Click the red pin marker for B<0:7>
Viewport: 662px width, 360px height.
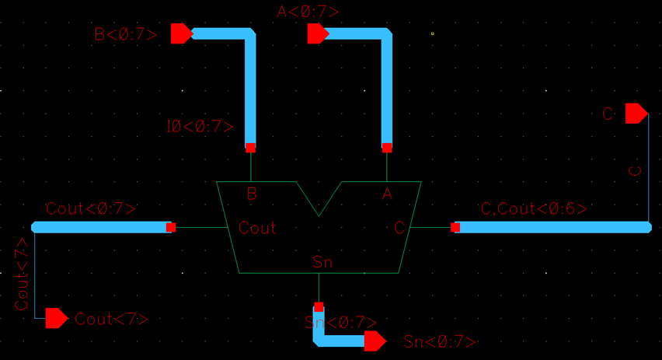181,33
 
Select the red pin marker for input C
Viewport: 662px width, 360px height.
636,114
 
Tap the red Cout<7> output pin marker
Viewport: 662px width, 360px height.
56,318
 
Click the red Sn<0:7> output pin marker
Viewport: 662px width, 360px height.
375,341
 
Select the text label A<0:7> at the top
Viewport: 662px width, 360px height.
308,12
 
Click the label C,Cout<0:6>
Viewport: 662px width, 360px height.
534,208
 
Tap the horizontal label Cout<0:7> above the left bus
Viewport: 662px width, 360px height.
91,208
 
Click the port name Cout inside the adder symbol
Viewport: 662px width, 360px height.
257,229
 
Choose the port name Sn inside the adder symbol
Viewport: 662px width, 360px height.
322,262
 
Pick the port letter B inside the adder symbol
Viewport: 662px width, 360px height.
252,194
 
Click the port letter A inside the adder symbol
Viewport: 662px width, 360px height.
387,194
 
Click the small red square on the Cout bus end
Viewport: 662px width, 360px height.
171,228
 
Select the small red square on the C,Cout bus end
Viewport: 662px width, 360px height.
455,228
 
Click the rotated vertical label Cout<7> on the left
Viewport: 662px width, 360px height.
22,274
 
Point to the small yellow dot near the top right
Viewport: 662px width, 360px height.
433,33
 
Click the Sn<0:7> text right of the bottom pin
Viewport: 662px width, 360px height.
440,342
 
